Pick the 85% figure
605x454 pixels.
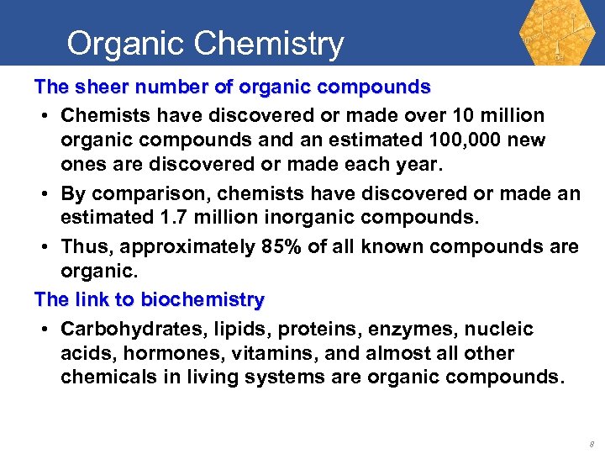(277, 246)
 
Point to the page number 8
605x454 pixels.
(591, 442)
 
